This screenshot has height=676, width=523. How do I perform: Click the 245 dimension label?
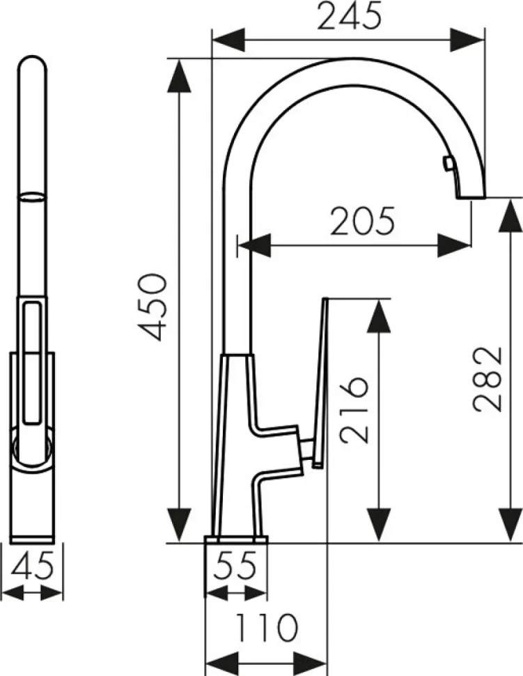pos(350,16)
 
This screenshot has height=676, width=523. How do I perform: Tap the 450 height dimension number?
pos(152,307)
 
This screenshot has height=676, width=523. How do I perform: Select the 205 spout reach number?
pos(362,221)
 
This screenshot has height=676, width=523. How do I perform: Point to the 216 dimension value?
pos(354,410)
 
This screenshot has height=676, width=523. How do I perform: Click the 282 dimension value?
pos(487,378)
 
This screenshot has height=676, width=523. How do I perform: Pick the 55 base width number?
pos(235,565)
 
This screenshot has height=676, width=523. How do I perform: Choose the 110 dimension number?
pos(267,627)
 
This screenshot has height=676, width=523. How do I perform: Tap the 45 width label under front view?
pos(33,564)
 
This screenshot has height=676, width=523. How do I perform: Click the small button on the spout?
pos(448,164)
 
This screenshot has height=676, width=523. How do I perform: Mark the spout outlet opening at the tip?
pos(471,197)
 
